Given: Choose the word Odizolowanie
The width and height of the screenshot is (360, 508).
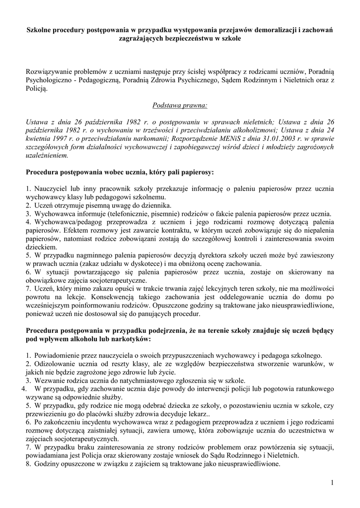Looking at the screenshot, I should click(x=54, y=364).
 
